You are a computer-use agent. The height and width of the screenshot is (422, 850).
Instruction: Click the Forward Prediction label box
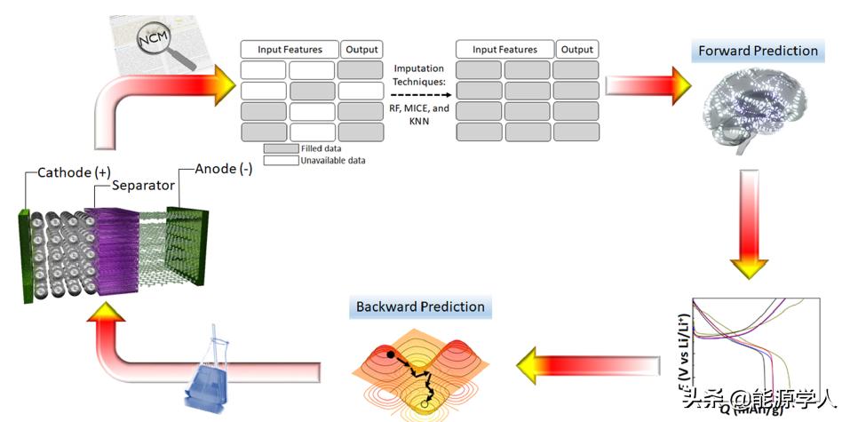[x=758, y=51]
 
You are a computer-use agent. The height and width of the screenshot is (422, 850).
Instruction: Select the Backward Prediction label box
[x=420, y=307]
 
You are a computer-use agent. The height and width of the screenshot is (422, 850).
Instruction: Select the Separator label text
[x=141, y=186]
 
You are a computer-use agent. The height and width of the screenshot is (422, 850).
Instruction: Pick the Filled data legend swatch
[x=281, y=148]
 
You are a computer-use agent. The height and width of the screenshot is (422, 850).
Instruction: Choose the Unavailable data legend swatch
[x=281, y=161]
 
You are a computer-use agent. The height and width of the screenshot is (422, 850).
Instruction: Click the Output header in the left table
[x=361, y=50]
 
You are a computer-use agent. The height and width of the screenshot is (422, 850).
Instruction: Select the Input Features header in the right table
[x=504, y=50]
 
